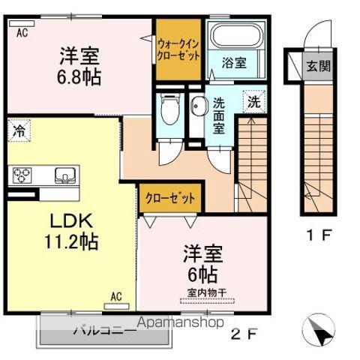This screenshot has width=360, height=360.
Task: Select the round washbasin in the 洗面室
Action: (x=199, y=106)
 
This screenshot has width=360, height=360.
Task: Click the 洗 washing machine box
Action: (x=254, y=101)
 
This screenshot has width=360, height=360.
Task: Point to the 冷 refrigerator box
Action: (x=19, y=130)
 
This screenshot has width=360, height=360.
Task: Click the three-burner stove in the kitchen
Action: (x=22, y=175)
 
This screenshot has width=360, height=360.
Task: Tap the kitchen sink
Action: (x=65, y=175)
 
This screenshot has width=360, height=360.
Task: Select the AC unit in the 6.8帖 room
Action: (x=22, y=23)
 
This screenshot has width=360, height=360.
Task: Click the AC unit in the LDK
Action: (x=116, y=306)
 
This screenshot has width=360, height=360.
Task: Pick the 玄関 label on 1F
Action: (x=319, y=66)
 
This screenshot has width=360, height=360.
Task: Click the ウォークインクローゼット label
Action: (x=178, y=50)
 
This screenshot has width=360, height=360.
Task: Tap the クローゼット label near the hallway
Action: (x=170, y=198)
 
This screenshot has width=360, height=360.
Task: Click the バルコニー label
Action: (x=105, y=331)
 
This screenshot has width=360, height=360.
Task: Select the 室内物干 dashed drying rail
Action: (x=207, y=301)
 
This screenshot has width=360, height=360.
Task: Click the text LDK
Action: (x=72, y=220)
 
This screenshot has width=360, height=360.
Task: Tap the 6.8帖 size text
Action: (x=79, y=76)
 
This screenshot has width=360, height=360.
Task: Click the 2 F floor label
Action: (x=244, y=334)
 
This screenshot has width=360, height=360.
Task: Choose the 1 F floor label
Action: (x=319, y=235)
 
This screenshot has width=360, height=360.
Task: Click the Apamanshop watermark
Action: (x=181, y=322)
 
